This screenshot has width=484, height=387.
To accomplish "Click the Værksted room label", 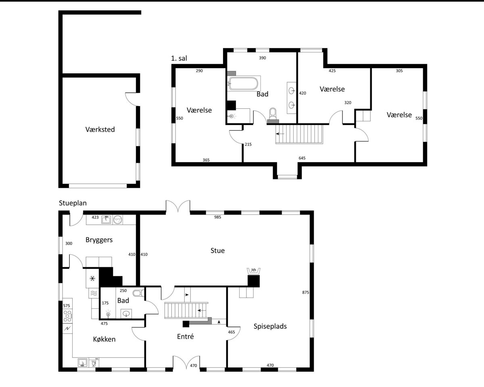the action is pyautogui.click(x=100, y=129).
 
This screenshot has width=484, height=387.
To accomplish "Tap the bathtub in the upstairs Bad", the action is pyautogui.click(x=243, y=83).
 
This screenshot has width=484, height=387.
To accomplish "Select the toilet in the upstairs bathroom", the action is pyautogui.click(x=273, y=114).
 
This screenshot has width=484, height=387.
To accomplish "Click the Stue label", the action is pyautogui.click(x=217, y=250).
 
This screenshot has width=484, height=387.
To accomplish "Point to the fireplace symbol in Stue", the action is pyautogui.click(x=254, y=271).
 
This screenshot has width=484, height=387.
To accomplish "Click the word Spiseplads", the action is pyautogui.click(x=270, y=326).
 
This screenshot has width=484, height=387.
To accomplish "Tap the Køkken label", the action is pyautogui.click(x=104, y=339).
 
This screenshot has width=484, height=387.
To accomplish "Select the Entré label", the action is pyautogui.click(x=185, y=336).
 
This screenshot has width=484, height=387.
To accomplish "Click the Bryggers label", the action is pyautogui.click(x=99, y=240).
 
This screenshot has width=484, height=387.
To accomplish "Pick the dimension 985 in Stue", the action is pyautogui.click(x=217, y=217).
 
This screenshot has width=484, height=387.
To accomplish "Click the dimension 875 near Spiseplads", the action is pyautogui.click(x=305, y=292).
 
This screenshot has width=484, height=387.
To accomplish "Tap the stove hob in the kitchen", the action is pyautogui.click(x=67, y=316).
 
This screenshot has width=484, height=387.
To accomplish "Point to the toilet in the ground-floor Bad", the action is pyautogui.click(x=138, y=293).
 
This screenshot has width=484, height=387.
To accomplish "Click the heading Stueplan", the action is pyautogui.click(x=73, y=203).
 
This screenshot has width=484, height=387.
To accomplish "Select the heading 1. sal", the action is pyautogui.click(x=179, y=58).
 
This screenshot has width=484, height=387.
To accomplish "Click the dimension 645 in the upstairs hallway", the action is pyautogui.click(x=302, y=158).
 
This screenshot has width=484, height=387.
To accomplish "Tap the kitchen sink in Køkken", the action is pyautogui.click(x=83, y=362).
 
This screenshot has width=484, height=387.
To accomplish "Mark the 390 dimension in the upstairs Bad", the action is pyautogui.click(x=262, y=58).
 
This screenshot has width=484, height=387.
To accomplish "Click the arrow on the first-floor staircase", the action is pyautogui.click(x=280, y=134).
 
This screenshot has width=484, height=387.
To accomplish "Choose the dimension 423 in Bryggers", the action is pyautogui.click(x=95, y=217).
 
